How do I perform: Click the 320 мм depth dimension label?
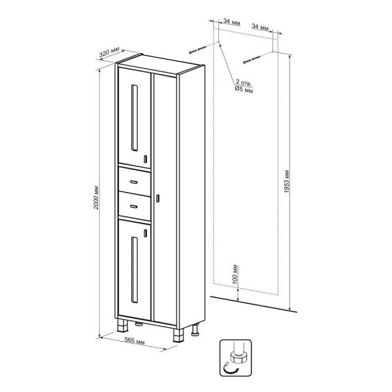[110, 52]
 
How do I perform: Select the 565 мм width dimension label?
[135, 341]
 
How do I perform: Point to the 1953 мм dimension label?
[287, 182]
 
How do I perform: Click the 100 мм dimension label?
[235, 274]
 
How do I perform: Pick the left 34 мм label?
[232, 22]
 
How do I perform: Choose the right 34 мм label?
[260, 27]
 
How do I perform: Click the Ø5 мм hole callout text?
[244, 89]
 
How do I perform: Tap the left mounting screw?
[197, 50]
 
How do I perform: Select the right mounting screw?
[252, 59]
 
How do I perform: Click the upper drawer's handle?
[134, 182]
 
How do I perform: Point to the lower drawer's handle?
[134, 206]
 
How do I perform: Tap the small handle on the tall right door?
[157, 198]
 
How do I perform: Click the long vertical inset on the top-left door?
[134, 118]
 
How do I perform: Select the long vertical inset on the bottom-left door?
[134, 270]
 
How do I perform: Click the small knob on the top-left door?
[145, 159]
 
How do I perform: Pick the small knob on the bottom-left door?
[145, 233]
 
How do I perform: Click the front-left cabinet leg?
[123, 325]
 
